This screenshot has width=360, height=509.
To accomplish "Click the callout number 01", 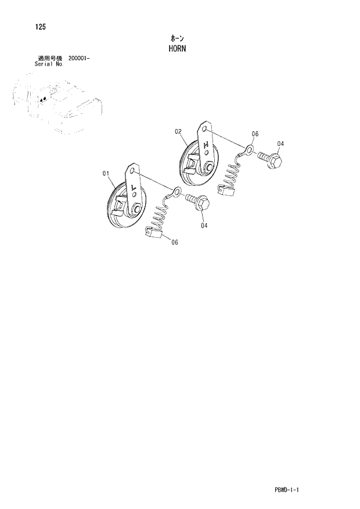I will (106, 173).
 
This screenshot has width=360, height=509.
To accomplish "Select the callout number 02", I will (178, 131).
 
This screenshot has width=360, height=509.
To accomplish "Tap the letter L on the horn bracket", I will (134, 187).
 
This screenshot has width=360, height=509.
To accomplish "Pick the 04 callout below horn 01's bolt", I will (204, 225).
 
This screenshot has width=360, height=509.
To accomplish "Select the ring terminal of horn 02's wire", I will (249, 150).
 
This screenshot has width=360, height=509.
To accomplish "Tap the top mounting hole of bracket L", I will (133, 171).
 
